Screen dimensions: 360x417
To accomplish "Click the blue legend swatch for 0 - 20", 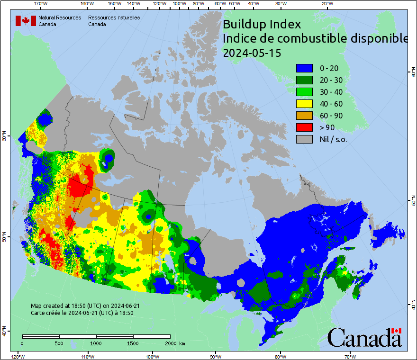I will [304, 68].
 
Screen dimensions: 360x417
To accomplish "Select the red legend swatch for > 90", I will [304, 127].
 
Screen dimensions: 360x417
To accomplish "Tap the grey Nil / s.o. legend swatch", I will [304, 139].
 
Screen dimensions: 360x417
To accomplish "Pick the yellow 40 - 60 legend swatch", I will [304, 104].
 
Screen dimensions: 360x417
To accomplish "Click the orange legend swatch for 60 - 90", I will [304, 116].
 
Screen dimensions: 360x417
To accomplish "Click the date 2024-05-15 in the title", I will [252, 53].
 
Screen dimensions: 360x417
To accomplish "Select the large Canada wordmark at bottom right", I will [364, 337].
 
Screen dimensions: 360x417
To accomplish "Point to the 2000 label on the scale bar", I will [169, 343].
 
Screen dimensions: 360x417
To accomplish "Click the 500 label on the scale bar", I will [58, 343].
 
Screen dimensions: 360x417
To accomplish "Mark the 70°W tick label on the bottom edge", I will [350, 356].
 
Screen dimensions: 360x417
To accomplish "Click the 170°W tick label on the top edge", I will [41, 4].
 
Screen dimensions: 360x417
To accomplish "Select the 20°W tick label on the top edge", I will [326, 4].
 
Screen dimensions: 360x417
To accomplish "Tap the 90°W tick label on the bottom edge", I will [216, 356].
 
